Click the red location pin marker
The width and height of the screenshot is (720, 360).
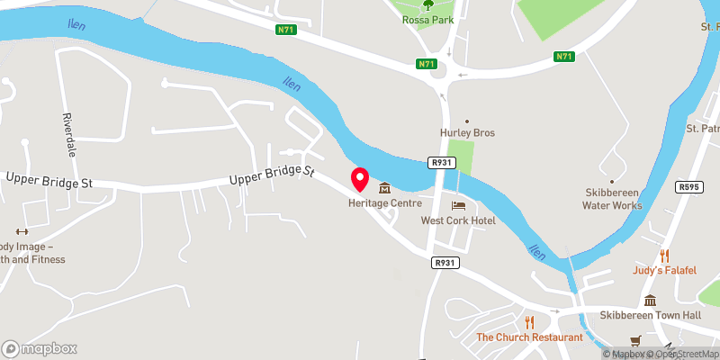coord(359,179)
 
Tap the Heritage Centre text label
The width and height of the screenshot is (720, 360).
coord(384,202)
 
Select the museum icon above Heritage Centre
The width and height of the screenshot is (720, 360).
coord(385,187)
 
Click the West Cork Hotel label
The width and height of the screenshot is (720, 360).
coord(458,220)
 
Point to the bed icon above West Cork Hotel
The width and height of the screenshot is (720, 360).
coord(458,206)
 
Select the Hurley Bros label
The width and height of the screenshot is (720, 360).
coord(467,133)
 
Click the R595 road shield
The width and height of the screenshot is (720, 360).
coord(688,187)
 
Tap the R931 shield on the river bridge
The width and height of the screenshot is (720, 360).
coord(440,163)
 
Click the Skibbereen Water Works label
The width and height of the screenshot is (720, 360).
coord(612,199)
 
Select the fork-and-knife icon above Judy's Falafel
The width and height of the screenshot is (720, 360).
coord(664,256)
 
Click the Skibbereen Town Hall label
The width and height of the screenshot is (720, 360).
coord(651,315)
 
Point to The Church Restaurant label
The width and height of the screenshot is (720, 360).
coord(529,337)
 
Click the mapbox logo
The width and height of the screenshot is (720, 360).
coord(40,348)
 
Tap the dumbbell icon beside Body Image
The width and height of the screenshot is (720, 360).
coord(22,231)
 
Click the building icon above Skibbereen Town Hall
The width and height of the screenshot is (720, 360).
coord(651,300)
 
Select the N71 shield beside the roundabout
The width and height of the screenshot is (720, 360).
coord(427,64)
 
